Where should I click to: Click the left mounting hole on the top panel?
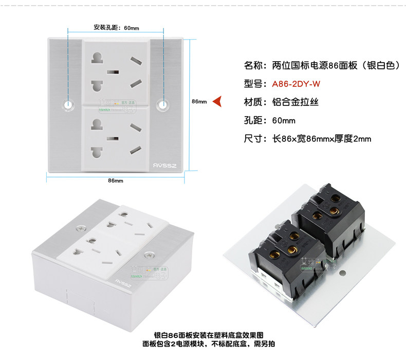click(68, 104)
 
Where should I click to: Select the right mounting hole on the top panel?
click(163, 104)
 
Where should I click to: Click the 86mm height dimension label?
click(198, 101)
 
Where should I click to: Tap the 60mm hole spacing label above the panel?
click(116, 28)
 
